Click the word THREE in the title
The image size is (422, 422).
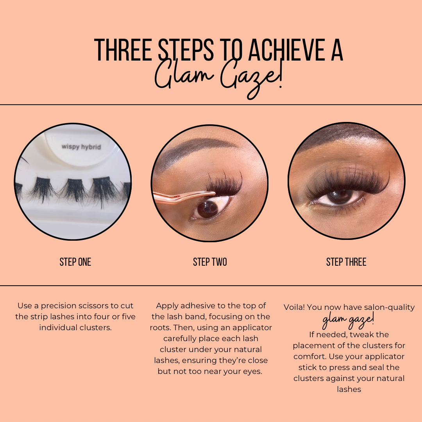pos(123,50)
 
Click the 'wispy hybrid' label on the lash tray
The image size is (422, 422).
pos(81,147)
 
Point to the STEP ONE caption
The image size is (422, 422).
pos(75,262)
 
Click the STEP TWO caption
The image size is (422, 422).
pos(210,262)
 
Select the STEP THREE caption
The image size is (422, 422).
pos(346,262)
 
